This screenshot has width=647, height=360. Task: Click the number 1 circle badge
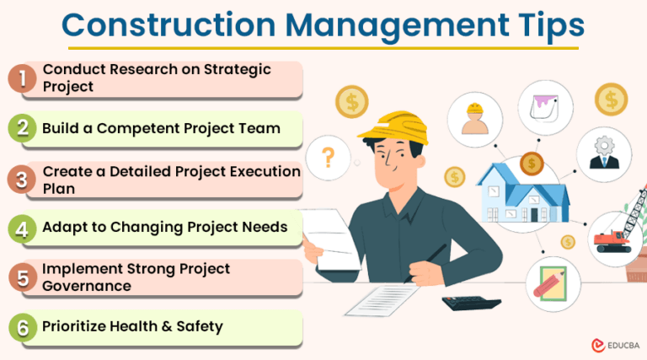[x=21, y=78]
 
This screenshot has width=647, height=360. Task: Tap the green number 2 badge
[x=21, y=128]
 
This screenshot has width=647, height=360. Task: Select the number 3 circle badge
[x=21, y=178]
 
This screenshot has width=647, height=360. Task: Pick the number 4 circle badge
[x=21, y=228]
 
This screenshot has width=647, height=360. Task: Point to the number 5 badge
[x=21, y=277]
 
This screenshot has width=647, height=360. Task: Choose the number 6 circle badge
[x=21, y=327]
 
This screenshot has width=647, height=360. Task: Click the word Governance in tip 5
[x=87, y=286]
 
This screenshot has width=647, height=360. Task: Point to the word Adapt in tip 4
[x=64, y=228]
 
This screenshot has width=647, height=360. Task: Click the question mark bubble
[x=329, y=156]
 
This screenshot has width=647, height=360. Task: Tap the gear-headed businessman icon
[x=603, y=153]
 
